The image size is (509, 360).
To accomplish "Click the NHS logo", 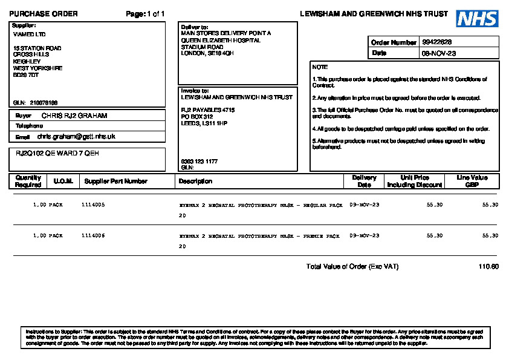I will click(477, 19).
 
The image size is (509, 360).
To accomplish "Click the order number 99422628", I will click(436, 42).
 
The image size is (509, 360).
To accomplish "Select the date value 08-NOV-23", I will click(438, 53).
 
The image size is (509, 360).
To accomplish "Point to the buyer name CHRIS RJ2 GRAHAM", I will click(74, 116).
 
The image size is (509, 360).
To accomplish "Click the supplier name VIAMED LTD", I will click(29, 34).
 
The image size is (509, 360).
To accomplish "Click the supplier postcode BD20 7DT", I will click(26, 75).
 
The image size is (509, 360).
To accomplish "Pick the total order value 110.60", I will click(488, 266).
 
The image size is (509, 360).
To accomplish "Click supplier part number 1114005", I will click(93, 205).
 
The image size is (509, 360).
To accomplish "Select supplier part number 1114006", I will click(93, 235).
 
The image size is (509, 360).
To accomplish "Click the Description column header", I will click(195, 181).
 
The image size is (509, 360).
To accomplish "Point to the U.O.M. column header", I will click(63, 181).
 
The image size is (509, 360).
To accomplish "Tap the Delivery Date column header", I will click(364, 181).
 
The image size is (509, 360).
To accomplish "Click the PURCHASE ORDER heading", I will click(44, 14).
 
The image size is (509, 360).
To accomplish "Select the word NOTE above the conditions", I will click(320, 67).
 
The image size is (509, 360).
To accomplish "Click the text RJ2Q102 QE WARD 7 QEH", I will click(57, 154).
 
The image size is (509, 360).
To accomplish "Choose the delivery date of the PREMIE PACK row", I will click(365, 235).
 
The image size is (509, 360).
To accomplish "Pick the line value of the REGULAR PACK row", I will click(490, 205).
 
